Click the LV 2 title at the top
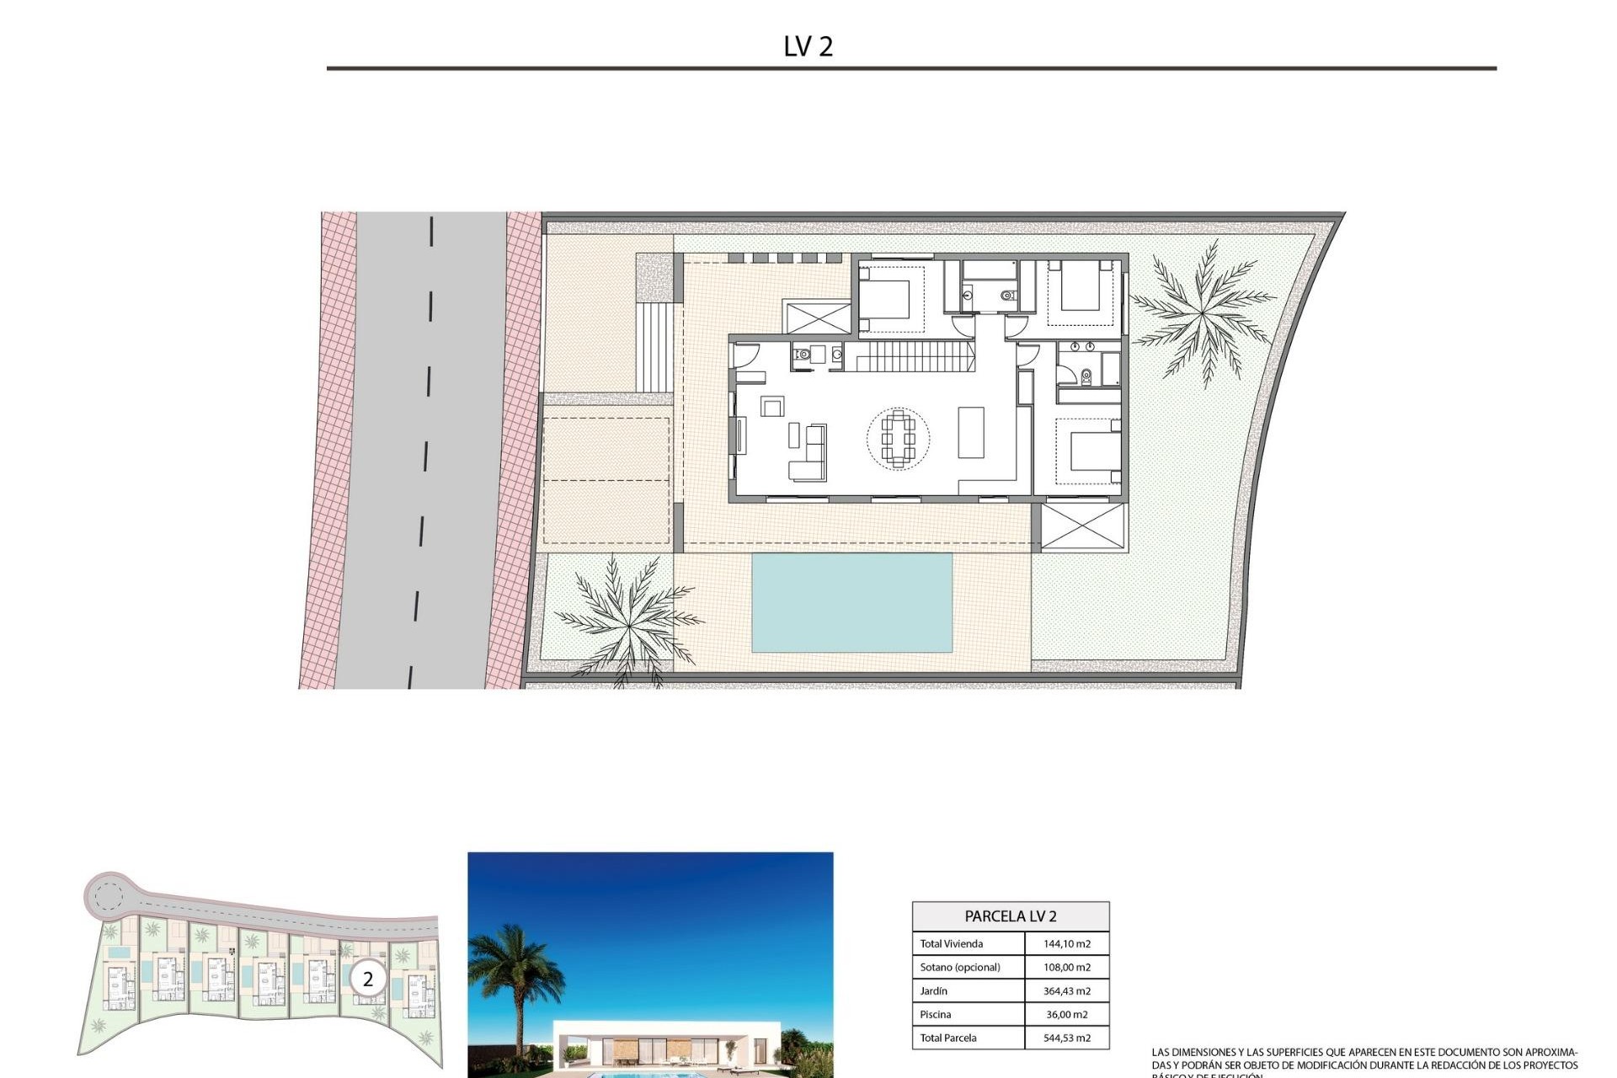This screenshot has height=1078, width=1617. point(808,46)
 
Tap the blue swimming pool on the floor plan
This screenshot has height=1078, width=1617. point(851,602)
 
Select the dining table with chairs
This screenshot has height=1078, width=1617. point(898,437)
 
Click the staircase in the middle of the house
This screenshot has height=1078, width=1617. point(910,355)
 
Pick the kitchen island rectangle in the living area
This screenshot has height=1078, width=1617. point(971,432)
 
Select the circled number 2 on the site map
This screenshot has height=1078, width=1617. point(367,979)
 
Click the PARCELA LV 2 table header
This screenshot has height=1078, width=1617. point(1010,916)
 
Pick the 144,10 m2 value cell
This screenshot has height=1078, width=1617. point(1066,944)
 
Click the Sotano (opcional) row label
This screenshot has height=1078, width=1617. point(960,968)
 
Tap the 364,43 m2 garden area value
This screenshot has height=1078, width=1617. point(1066,991)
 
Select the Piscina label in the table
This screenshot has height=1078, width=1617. point(935,1015)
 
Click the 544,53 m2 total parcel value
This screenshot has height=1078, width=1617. point(1066,1038)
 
